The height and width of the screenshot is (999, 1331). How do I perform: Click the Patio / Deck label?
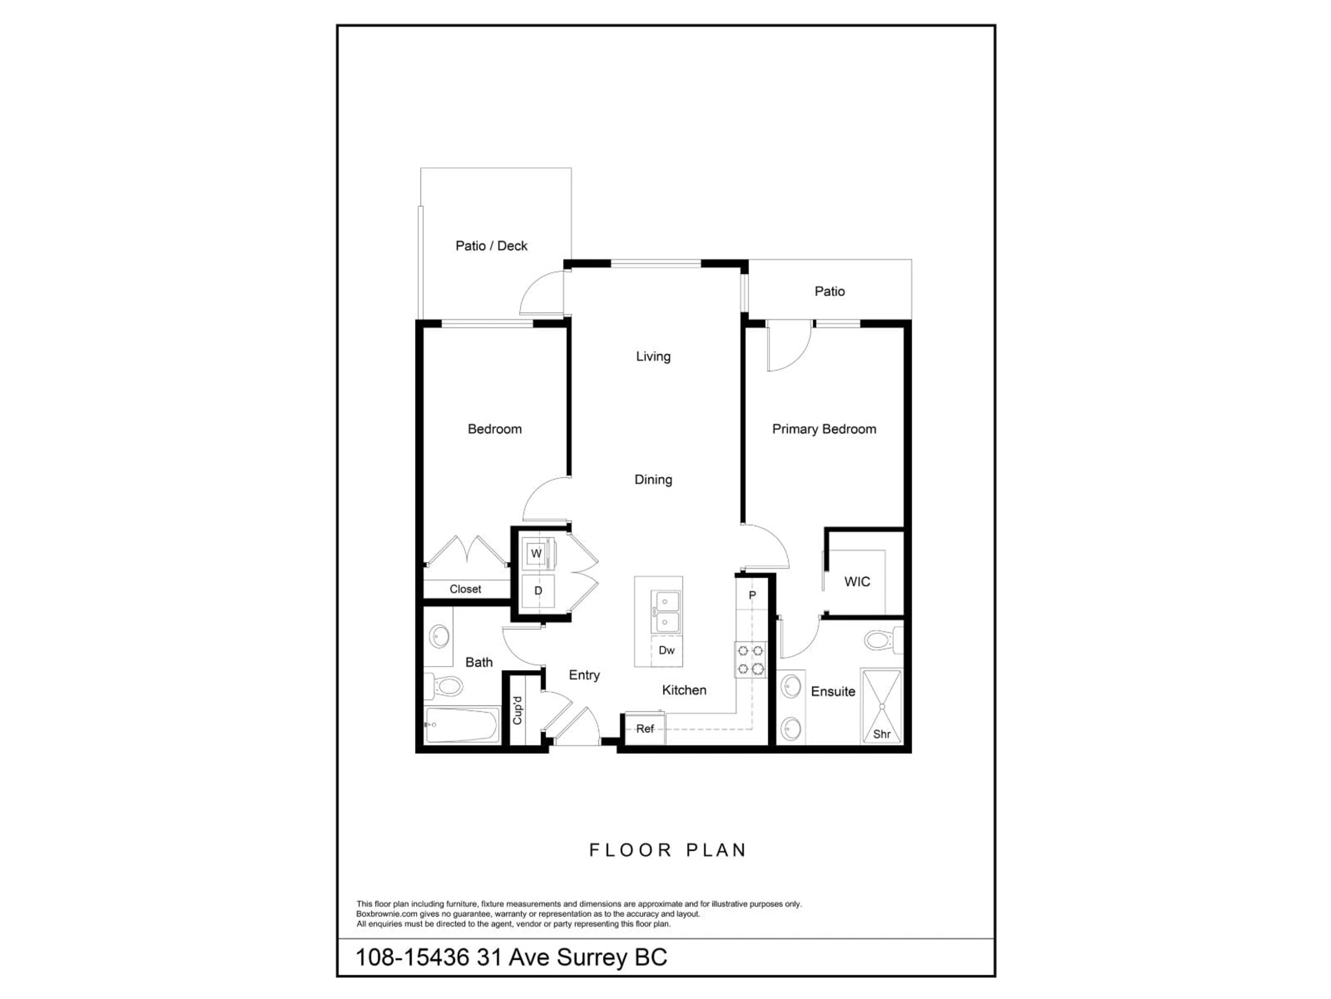[x=491, y=246]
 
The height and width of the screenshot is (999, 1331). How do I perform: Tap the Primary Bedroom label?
[x=824, y=429]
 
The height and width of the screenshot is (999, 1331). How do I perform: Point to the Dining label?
[x=653, y=479]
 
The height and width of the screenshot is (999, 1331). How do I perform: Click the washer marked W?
[x=536, y=553]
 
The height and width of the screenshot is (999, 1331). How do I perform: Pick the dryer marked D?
[x=538, y=590]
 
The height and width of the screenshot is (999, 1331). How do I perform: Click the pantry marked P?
[x=751, y=595]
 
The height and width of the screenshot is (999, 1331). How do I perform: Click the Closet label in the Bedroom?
[x=465, y=589]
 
